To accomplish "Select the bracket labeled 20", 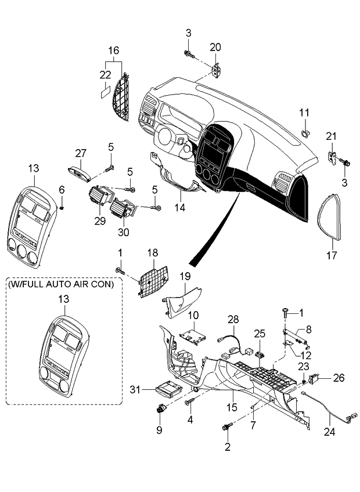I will (x=216, y=70).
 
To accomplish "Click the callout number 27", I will (x=81, y=153).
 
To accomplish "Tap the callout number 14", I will (x=181, y=207).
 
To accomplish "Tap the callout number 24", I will (x=330, y=432).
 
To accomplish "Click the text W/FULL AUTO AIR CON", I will (x=61, y=285).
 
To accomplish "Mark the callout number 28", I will (x=233, y=320).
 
